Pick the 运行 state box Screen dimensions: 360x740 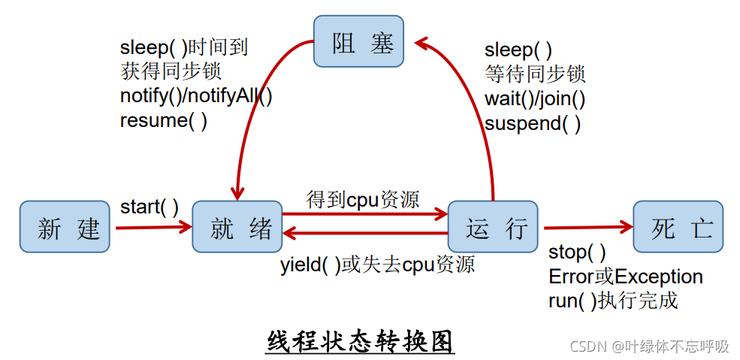pyautogui.click(x=493, y=227)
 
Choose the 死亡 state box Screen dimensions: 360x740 pyautogui.click(x=678, y=227)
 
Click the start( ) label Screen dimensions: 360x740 pyautogui.click(x=150, y=207)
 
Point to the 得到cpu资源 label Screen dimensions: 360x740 pyautogui.click(x=363, y=199)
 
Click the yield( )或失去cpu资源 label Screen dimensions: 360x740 pyautogui.click(x=377, y=265)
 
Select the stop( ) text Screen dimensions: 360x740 pyautogui.click(x=577, y=252)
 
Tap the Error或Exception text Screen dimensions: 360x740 pyautogui.click(x=626, y=277)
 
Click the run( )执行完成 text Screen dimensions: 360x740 pyautogui.click(x=613, y=301)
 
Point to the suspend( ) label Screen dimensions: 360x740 pyautogui.click(x=533, y=123)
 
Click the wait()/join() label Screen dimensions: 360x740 pyautogui.click(x=535, y=98)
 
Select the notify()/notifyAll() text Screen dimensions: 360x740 pyautogui.click(x=196, y=96)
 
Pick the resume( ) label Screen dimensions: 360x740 pyautogui.click(x=164, y=120)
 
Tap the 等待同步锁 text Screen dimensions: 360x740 pyautogui.click(x=535, y=74)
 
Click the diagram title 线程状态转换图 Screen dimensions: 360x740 pyautogui.click(x=361, y=342)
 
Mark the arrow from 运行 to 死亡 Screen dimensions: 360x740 pyautogui.click(x=586, y=227)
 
